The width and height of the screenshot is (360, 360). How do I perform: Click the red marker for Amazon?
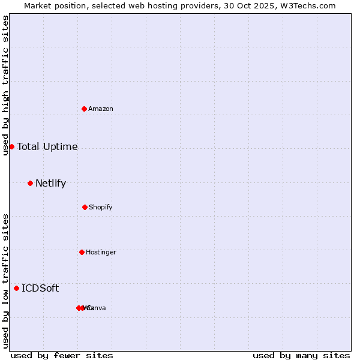click(84, 109)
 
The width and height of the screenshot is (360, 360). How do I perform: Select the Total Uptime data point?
click(11, 146)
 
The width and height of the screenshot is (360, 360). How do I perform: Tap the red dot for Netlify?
click(30, 183)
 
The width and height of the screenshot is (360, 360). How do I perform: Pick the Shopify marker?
click(85, 207)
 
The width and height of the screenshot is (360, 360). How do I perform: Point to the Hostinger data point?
click(82, 252)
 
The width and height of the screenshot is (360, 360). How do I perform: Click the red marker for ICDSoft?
click(16, 288)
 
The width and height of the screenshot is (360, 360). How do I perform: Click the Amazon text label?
click(101, 109)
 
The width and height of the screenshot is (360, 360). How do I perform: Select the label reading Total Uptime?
click(47, 146)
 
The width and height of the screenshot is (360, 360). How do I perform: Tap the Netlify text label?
click(50, 183)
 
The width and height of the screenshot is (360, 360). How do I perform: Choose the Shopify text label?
click(101, 207)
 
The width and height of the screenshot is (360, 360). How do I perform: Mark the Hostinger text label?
click(101, 252)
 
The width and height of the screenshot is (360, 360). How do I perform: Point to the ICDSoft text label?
click(40, 288)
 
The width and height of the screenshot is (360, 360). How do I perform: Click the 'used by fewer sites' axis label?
click(62, 355)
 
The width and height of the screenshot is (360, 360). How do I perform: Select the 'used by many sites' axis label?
click(301, 355)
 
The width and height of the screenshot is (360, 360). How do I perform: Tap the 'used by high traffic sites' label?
click(6, 85)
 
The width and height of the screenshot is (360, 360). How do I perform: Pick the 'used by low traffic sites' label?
click(6, 280)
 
